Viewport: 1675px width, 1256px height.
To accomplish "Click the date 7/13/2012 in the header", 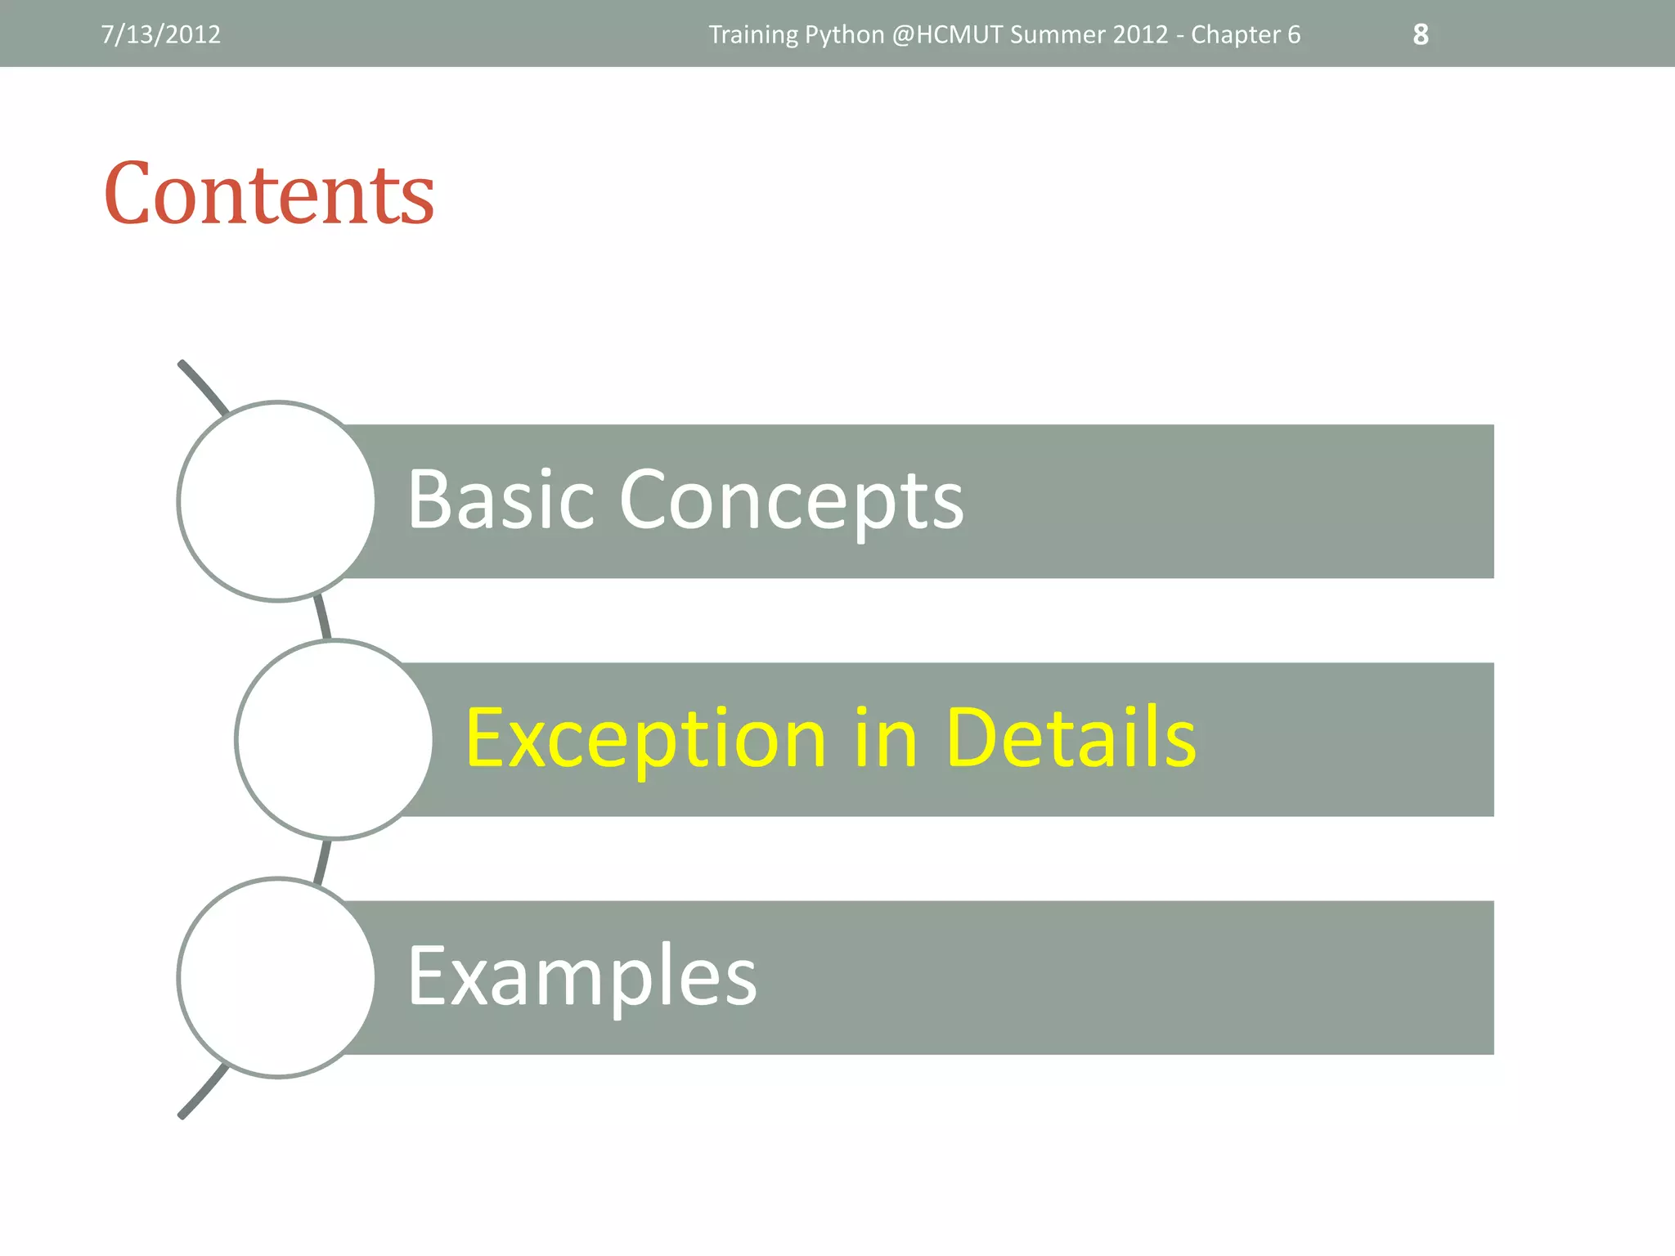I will coord(160,34).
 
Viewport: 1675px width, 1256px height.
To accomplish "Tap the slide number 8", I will coord(1421,34).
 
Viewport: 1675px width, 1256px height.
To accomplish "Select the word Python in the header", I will coord(844,34).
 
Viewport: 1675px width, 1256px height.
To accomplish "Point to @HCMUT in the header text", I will coord(947,34).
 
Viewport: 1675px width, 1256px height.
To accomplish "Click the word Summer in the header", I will coord(1049,34).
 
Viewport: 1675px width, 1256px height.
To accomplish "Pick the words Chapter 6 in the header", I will coord(1245,34).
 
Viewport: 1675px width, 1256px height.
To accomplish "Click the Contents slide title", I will coord(269,194).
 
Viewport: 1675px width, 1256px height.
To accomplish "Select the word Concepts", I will coord(792,500).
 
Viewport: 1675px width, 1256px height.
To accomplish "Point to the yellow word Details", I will coord(1071,738).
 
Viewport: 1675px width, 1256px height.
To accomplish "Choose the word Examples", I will coord(582,976).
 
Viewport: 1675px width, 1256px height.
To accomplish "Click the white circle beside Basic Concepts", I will coord(277,501).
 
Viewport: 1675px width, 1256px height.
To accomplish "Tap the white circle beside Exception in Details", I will coord(335,739).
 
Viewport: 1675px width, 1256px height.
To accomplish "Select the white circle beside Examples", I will coord(277,977).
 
